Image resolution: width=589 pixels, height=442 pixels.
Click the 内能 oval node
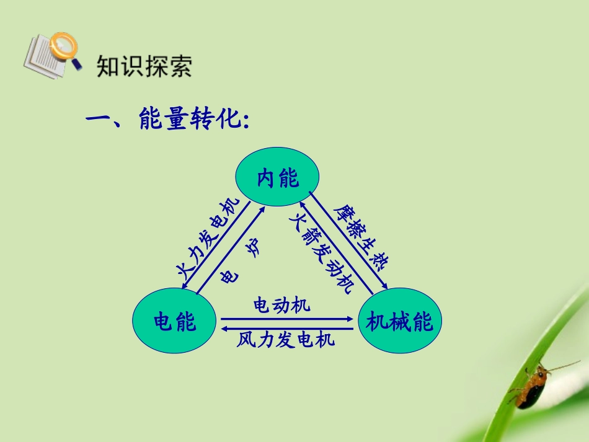(277, 177)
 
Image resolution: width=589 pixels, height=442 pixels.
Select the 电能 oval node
(174, 321)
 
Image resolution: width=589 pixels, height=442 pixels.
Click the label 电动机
(282, 306)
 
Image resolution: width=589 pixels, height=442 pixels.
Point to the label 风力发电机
(286, 340)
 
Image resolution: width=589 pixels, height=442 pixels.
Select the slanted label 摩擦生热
(360, 237)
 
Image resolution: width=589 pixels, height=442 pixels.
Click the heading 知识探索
(144, 66)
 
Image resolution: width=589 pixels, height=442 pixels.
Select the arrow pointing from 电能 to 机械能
(286, 319)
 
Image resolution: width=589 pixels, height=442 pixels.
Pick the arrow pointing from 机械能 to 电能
(286, 329)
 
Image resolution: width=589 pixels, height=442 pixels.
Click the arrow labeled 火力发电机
(215, 245)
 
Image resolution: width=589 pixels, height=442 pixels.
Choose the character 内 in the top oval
(266, 179)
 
